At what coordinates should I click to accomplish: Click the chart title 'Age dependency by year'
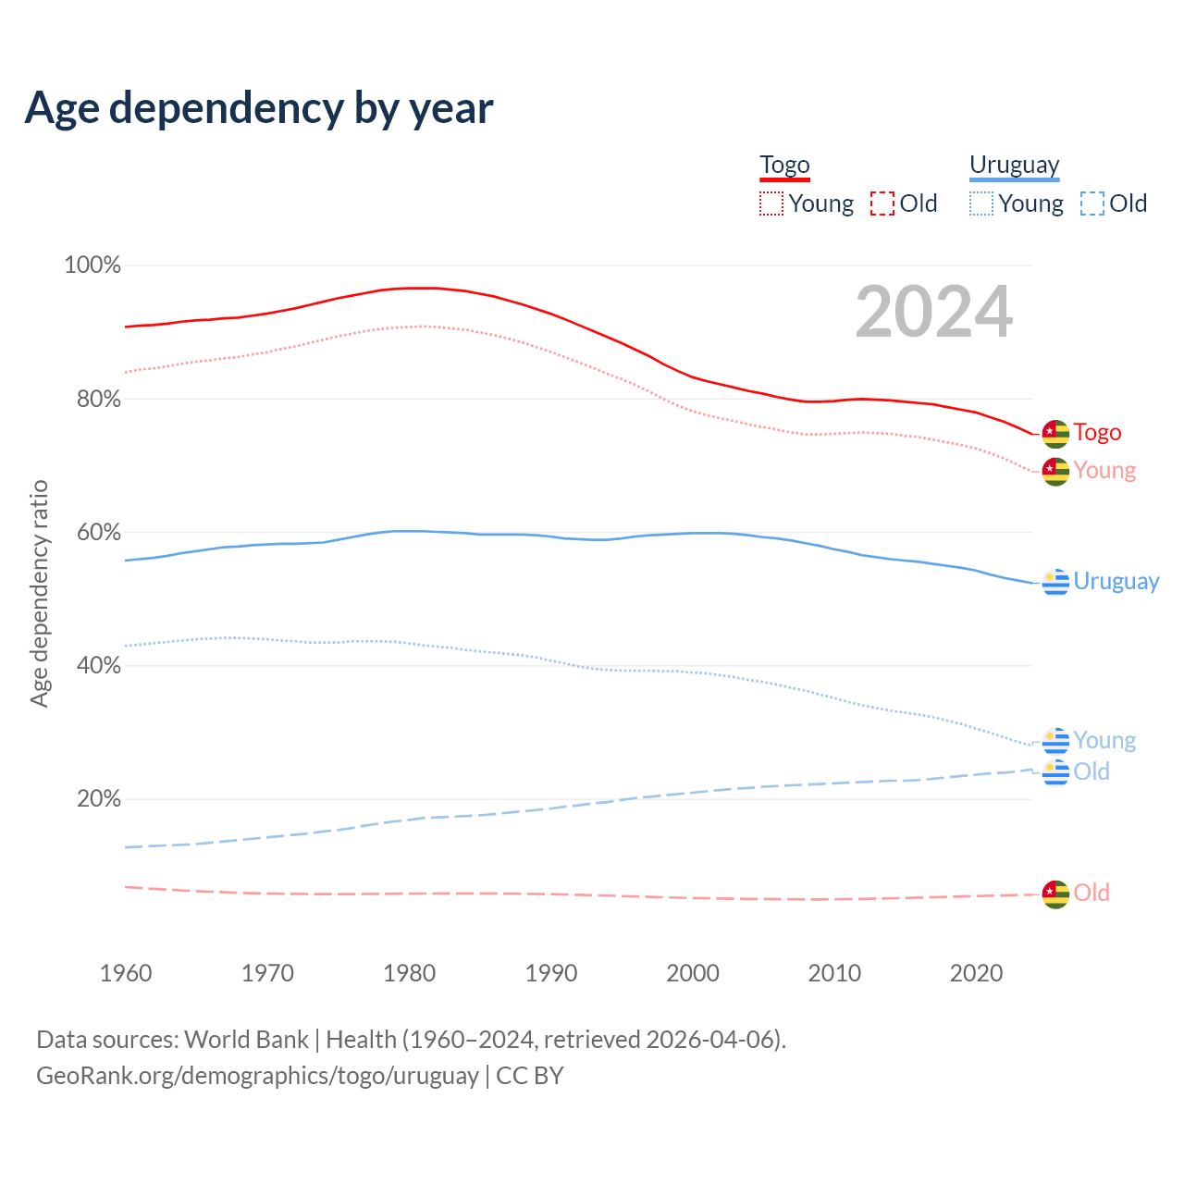(x=259, y=107)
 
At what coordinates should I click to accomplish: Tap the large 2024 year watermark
(x=934, y=312)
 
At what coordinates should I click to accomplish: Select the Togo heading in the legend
(x=784, y=166)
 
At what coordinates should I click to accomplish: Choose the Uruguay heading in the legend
(x=1014, y=166)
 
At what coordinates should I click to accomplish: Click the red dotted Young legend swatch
(x=771, y=203)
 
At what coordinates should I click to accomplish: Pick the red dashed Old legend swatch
(x=882, y=203)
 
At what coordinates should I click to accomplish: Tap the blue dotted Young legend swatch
(x=981, y=203)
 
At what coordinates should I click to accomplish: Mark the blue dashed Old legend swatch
(x=1092, y=203)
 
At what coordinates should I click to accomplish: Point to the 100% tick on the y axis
(x=92, y=265)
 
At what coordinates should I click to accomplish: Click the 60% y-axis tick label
(x=99, y=532)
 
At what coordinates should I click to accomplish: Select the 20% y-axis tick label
(x=99, y=798)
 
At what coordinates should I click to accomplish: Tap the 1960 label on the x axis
(x=126, y=973)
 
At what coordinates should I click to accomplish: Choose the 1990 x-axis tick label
(x=551, y=973)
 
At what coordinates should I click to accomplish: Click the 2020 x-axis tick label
(x=977, y=973)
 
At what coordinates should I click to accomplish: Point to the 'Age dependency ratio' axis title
(x=39, y=593)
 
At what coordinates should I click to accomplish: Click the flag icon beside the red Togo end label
(x=1055, y=433)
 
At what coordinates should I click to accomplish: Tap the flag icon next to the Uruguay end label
(x=1055, y=582)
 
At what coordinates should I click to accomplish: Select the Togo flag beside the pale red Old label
(x=1055, y=894)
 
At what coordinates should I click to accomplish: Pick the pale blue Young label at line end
(x=1104, y=741)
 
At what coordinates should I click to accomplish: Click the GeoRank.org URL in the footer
(x=257, y=1076)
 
